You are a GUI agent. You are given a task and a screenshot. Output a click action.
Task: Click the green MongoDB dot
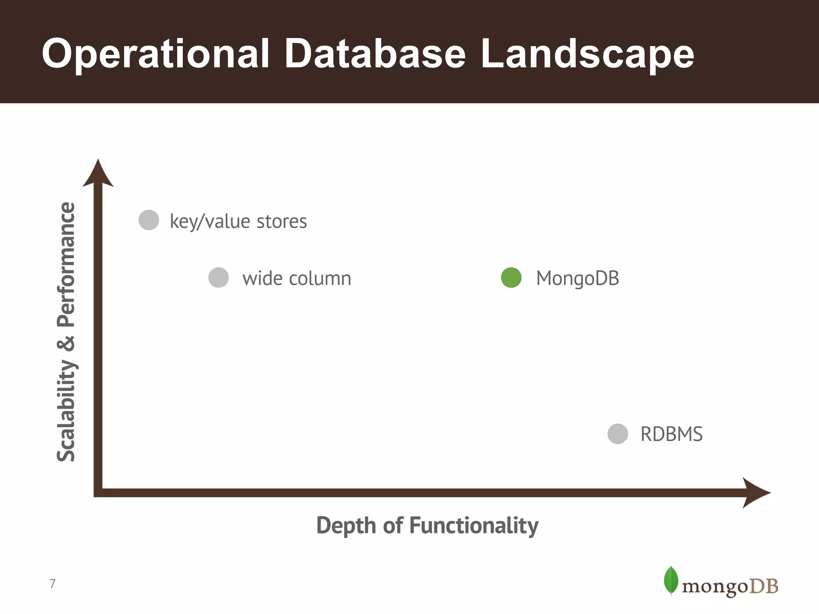point(511,277)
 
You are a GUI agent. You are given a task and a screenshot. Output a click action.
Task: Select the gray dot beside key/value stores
point(149,220)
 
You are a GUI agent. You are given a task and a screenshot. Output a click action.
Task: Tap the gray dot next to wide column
point(219,277)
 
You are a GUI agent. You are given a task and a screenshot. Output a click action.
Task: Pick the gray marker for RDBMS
point(618,434)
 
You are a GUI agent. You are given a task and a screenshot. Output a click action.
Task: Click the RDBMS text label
point(671,434)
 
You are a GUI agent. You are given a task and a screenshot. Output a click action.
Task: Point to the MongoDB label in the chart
point(577,278)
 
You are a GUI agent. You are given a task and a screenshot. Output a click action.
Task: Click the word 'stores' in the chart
point(282,221)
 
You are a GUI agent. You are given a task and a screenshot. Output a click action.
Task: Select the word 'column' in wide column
point(320,278)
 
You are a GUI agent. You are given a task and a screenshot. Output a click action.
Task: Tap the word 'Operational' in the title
point(156,54)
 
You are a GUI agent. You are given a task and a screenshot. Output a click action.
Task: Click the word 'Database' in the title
point(375,54)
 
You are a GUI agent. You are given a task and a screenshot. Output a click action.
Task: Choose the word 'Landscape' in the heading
point(587,54)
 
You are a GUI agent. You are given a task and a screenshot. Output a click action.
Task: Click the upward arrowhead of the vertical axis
point(98,174)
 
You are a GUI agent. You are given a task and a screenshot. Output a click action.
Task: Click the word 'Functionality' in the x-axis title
point(474,525)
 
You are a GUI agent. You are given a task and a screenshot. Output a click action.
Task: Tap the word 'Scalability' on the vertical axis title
point(66,411)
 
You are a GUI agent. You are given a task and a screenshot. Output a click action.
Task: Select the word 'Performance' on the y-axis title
point(66,265)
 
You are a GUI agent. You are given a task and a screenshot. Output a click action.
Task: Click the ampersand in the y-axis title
point(66,343)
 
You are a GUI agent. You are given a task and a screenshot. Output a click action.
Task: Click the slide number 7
point(52,584)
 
